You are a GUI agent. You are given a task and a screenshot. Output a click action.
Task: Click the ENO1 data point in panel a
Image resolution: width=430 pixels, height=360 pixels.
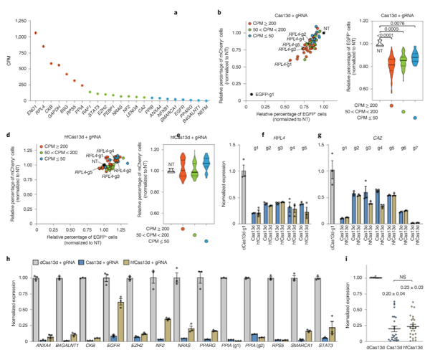click(x=35, y=33)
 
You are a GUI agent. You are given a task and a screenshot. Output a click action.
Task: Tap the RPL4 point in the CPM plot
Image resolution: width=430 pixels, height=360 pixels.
click(x=43, y=47)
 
